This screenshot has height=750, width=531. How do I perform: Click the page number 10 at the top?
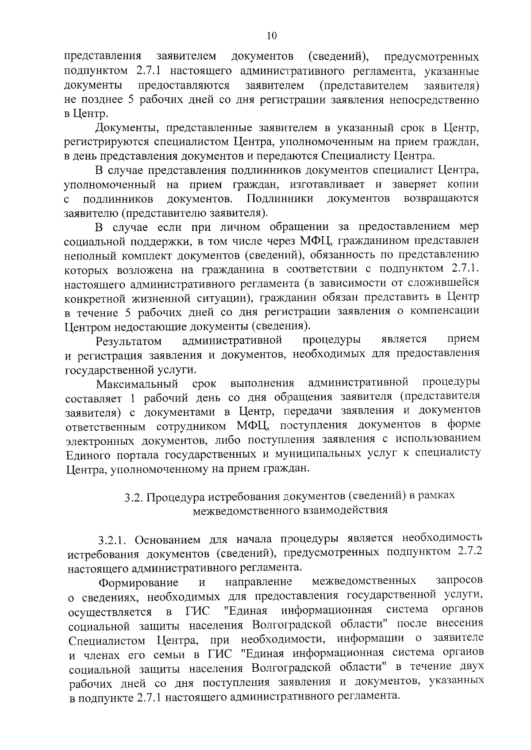click(272, 36)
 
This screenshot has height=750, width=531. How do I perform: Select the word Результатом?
click(128, 341)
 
